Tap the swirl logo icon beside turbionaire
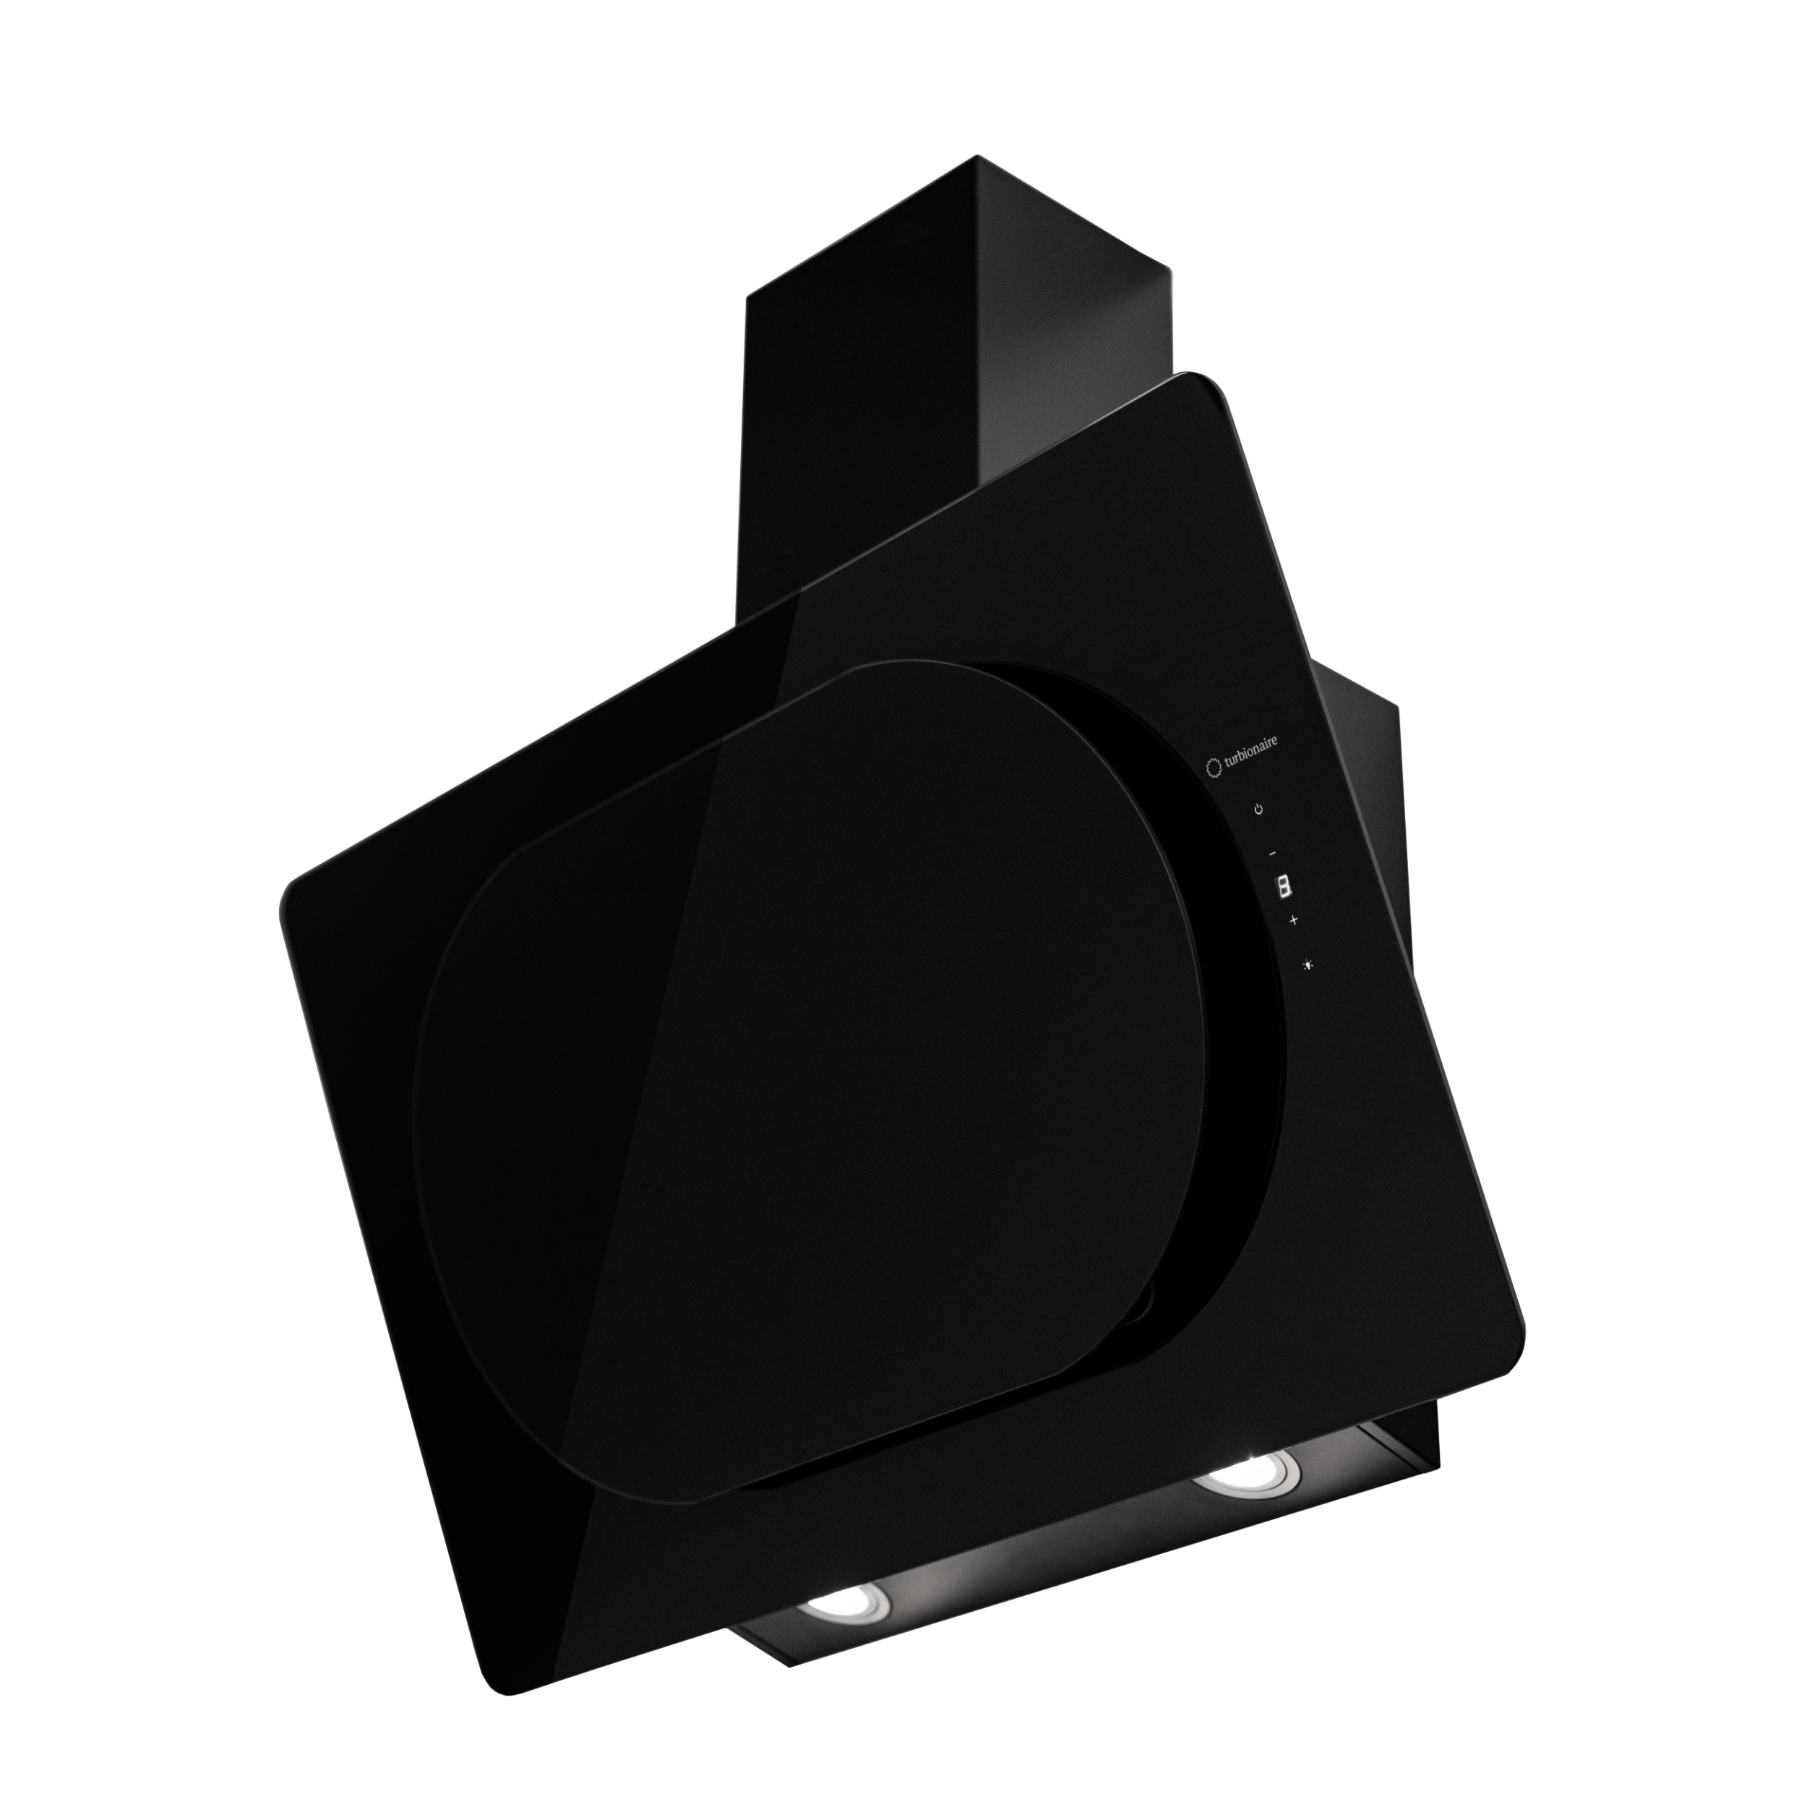tap(1213, 768)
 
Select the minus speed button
tap(1272, 853)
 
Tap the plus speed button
tap(1295, 920)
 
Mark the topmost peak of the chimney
tap(977, 156)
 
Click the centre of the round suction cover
tap(804, 1066)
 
